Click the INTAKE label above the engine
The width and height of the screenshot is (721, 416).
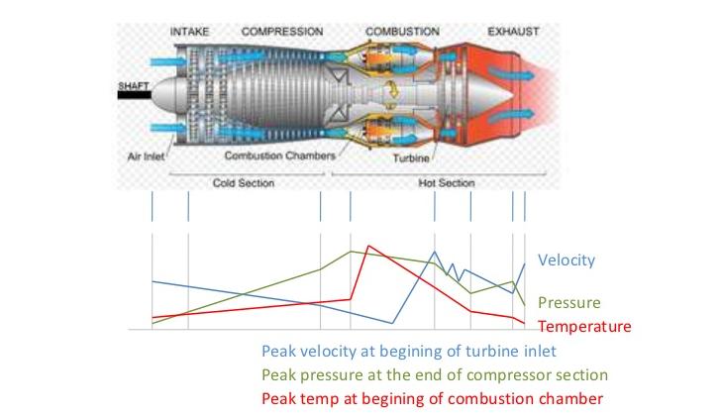coord(189,31)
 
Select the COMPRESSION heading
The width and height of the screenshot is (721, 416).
coord(281,31)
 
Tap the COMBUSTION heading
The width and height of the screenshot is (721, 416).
coord(402,31)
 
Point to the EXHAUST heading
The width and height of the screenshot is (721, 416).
coord(513,31)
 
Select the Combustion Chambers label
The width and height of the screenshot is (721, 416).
coord(279,156)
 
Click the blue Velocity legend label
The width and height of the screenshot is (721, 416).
coord(566,260)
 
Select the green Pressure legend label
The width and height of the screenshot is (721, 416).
coord(568,303)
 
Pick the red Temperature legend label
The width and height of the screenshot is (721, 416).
coord(584,326)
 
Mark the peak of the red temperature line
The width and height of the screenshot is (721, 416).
coord(368,246)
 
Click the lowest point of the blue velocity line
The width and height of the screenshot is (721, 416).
coord(393,323)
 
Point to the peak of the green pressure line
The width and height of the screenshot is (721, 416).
coord(352,252)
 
